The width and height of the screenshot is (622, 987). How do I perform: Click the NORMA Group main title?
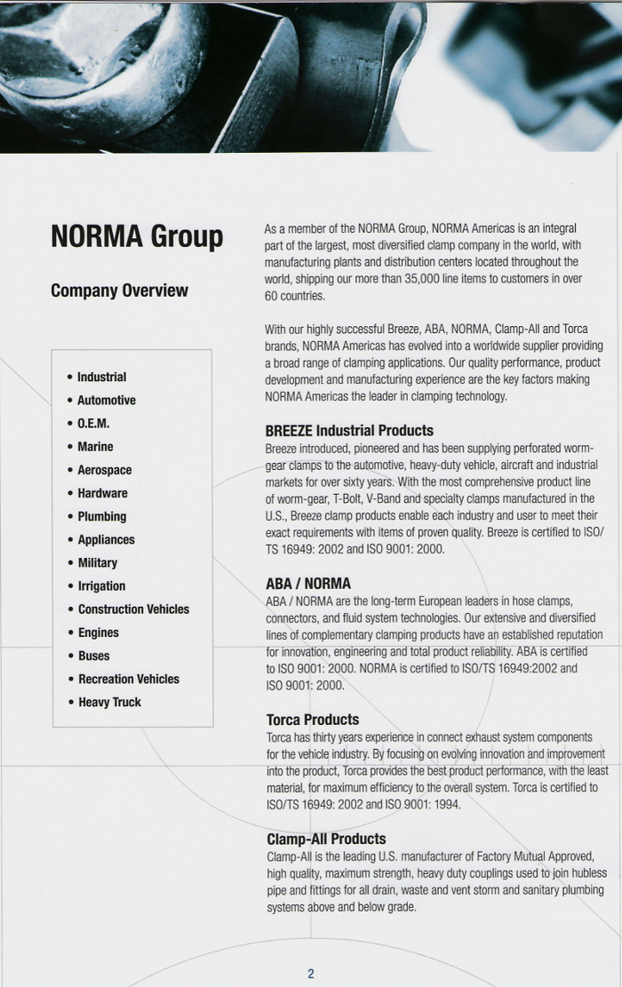137,237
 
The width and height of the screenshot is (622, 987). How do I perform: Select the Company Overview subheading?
119,291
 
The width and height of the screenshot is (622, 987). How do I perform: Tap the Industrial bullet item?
101,378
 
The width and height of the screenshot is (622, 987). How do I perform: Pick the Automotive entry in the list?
106,401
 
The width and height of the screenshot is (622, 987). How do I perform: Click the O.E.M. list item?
93,424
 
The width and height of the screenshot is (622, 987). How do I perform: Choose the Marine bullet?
95,447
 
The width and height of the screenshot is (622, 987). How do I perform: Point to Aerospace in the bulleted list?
104,470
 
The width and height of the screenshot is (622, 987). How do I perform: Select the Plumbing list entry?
101,516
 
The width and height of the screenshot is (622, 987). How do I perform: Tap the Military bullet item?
97,562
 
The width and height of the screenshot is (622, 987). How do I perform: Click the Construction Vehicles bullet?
133,609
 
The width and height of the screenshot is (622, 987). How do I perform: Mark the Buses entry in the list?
93,656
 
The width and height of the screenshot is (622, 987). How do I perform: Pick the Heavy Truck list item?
109,702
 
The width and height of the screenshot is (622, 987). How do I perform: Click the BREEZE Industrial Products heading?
349,431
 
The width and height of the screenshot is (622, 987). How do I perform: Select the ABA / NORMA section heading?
308,584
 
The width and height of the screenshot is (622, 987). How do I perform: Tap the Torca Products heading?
313,720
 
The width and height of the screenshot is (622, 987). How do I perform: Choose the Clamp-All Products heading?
326,839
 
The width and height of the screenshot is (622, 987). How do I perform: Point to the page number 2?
311,974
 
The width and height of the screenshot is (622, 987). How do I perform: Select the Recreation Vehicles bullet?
128,679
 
